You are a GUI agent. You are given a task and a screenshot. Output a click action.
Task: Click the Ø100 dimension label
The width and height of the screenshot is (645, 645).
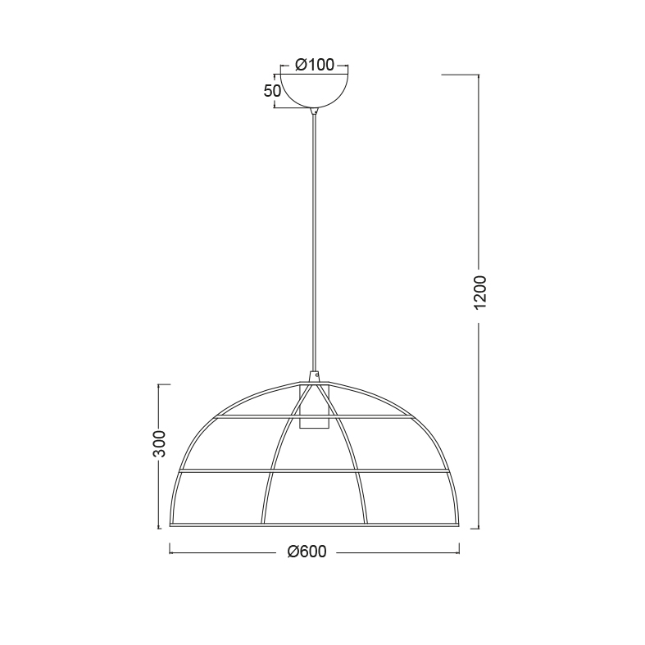[x=315, y=65]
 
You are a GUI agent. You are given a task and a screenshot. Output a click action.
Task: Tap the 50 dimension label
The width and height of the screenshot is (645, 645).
[x=272, y=91]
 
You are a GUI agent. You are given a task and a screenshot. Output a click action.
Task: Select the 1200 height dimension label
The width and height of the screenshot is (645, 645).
[x=480, y=293]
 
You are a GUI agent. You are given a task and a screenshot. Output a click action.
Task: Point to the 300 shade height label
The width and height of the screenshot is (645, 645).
[x=159, y=444]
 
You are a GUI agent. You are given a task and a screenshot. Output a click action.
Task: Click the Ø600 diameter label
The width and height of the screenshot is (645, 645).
[x=307, y=552]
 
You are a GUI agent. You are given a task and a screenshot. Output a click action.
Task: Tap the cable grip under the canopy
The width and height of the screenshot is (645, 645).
[x=315, y=111]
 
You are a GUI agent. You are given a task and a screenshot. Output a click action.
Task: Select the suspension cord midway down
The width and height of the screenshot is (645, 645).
[x=315, y=243]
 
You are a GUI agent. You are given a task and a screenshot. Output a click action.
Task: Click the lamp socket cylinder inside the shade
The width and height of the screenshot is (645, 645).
[x=315, y=407]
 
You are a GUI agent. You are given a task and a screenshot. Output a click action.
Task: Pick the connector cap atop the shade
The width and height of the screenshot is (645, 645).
[x=315, y=377]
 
